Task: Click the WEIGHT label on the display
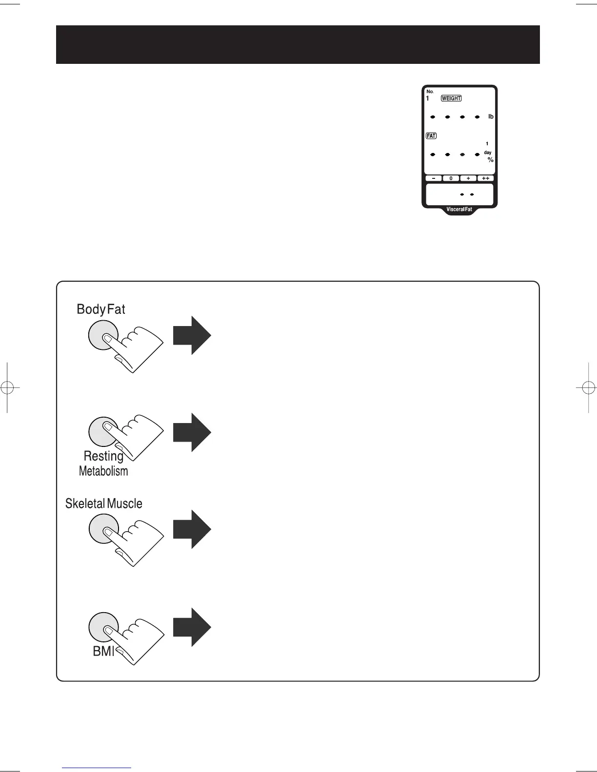451,98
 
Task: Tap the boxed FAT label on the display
431,136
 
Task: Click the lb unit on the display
491,116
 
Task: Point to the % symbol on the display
491,160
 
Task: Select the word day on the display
488,153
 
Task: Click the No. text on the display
430,92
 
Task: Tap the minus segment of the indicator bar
433,178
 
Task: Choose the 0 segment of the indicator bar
451,178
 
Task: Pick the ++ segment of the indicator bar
486,178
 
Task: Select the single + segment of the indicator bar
468,178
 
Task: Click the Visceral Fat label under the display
459,210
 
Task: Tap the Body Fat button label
101,309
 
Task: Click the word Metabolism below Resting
103,471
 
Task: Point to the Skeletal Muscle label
104,503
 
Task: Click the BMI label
103,651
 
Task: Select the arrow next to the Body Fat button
192,335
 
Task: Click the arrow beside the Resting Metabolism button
192,432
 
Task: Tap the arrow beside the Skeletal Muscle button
192,529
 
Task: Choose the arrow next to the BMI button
192,627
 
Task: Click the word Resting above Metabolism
103,456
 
